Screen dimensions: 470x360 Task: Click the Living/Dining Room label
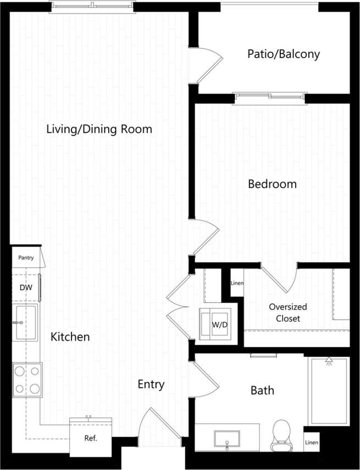tap(99, 130)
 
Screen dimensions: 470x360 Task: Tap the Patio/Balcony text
tap(283, 54)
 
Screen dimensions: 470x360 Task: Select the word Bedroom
tap(272, 184)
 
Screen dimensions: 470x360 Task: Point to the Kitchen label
tap(70, 337)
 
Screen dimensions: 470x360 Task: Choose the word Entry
tap(151, 384)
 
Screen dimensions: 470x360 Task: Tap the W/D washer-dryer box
tap(219, 324)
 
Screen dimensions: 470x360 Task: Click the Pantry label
tap(26, 258)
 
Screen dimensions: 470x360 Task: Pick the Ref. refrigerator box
tap(90, 438)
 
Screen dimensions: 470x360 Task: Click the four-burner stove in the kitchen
tap(27, 379)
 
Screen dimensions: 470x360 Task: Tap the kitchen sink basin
tap(25, 323)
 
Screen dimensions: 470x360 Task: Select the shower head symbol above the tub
tap(329, 361)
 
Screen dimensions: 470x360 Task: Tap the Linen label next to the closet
tap(236, 283)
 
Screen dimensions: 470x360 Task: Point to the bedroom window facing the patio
tap(269, 98)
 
